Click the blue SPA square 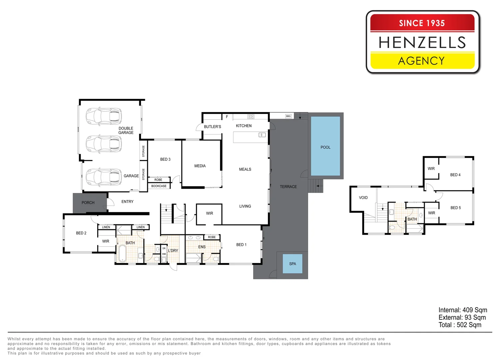coord(292,264)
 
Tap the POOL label coord(325,147)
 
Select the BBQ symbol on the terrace coord(288,116)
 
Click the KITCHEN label coord(244,126)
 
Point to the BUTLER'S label coord(213,127)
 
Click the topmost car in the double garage coord(104,116)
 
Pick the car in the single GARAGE coord(104,177)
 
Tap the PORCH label coord(88,203)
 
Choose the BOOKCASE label coord(159,186)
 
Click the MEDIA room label coord(200,166)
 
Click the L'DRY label coord(173,251)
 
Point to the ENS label coord(202,247)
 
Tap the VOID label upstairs coord(363,198)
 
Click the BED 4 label coord(455,175)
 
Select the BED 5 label coord(455,208)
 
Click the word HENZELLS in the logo coord(422,42)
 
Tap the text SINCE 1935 coord(422,23)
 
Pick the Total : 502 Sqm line coord(460,325)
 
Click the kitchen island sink coord(262,135)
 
